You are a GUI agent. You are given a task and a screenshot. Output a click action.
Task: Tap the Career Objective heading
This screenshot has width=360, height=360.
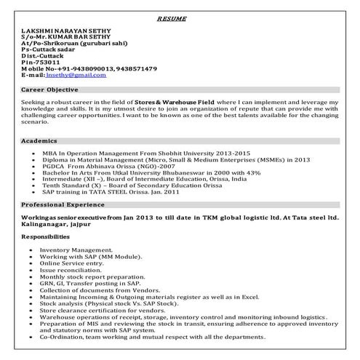(50, 90)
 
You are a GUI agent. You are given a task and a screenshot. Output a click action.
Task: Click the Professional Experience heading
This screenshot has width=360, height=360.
(63, 206)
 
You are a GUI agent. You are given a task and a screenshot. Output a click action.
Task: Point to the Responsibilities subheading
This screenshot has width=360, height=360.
(47, 237)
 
